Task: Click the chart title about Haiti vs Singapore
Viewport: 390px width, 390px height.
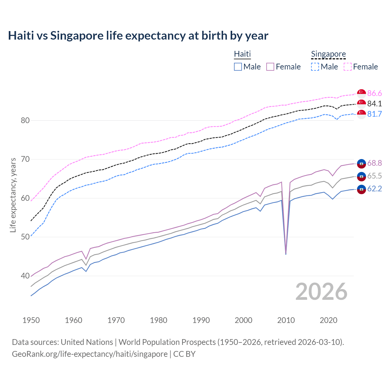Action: [x=138, y=36]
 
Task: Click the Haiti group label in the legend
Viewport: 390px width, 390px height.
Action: [x=242, y=54]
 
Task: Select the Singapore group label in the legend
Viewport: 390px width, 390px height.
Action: [x=328, y=54]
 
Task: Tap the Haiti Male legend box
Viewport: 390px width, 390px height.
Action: [x=238, y=67]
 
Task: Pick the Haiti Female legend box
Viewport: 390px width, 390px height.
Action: [x=271, y=67]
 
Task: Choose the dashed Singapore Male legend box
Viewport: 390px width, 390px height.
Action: [x=315, y=67]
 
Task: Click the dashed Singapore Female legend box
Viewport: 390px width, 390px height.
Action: [x=348, y=67]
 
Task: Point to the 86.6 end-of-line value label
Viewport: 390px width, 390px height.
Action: [x=374, y=93]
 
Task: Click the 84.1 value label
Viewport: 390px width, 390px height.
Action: [x=374, y=104]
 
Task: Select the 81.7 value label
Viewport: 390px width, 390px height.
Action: [x=374, y=114]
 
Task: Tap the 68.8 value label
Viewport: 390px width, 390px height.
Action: [x=374, y=163]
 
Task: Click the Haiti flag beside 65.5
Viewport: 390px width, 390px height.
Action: [x=361, y=176]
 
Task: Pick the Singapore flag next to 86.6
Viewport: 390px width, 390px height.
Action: [x=361, y=93]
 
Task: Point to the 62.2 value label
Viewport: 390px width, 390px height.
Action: [x=374, y=189]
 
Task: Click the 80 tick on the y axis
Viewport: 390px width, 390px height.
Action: [x=25, y=120]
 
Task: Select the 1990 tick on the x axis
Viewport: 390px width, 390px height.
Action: [x=201, y=320]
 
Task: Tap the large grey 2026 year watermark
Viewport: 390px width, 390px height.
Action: [x=321, y=292]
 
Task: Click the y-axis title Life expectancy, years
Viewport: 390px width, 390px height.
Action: [x=13, y=195]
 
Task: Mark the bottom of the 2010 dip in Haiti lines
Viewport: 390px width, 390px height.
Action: [x=286, y=254]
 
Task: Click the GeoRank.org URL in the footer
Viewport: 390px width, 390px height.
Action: [x=90, y=354]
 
